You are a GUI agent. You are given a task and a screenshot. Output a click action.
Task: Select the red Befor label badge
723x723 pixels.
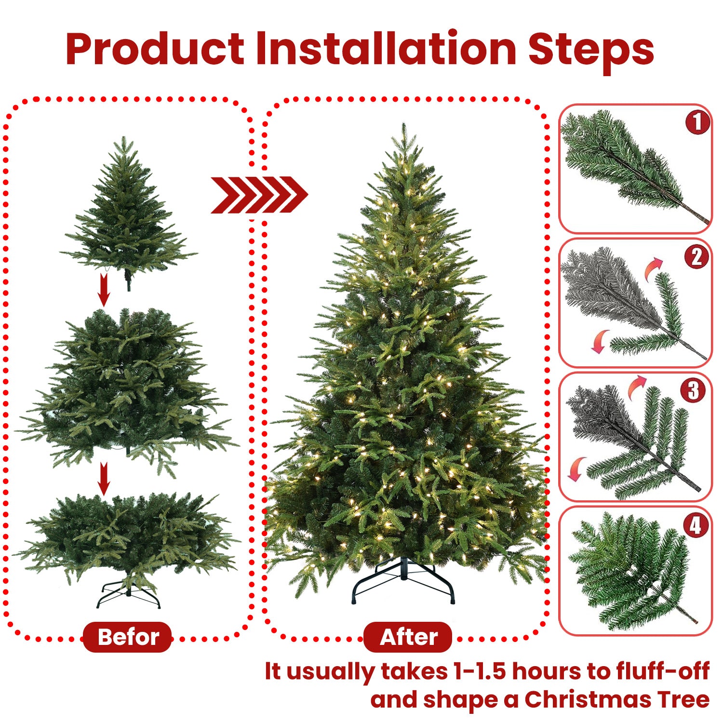pyautogui.click(x=128, y=637)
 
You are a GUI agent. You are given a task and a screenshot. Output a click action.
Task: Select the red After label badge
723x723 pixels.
pyautogui.click(x=408, y=637)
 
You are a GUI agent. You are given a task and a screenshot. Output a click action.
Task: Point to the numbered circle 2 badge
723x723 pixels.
pyautogui.click(x=696, y=256)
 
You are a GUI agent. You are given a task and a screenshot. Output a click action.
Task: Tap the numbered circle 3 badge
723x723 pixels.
pyautogui.click(x=693, y=390)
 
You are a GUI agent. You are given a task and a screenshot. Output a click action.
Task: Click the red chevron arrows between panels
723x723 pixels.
pyautogui.click(x=259, y=195)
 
